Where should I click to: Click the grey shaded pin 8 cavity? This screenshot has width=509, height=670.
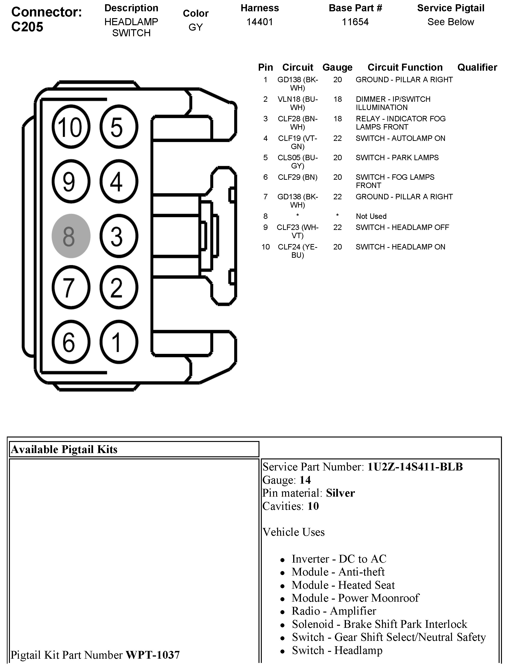[71, 236]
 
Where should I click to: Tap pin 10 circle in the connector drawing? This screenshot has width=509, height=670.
[71, 127]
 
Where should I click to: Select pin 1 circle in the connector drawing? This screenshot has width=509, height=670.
[119, 342]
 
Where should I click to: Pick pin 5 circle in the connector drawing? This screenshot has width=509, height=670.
[119, 127]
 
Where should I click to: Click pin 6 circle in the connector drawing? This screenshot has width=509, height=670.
[71, 342]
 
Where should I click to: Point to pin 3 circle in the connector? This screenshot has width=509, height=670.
[119, 236]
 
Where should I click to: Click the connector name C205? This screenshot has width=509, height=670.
[27, 27]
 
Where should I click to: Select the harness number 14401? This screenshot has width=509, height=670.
[260, 22]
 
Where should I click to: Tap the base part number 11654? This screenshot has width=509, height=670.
[355, 22]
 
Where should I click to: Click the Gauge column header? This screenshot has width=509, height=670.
[337, 67]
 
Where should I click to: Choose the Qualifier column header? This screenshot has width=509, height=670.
[477, 67]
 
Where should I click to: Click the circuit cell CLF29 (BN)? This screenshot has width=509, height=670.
[298, 177]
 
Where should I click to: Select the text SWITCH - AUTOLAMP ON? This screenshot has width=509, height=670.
[400, 139]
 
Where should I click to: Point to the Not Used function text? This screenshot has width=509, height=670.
[371, 216]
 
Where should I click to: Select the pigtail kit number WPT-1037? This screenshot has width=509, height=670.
[153, 655]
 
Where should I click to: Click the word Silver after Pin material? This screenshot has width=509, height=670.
[340, 493]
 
